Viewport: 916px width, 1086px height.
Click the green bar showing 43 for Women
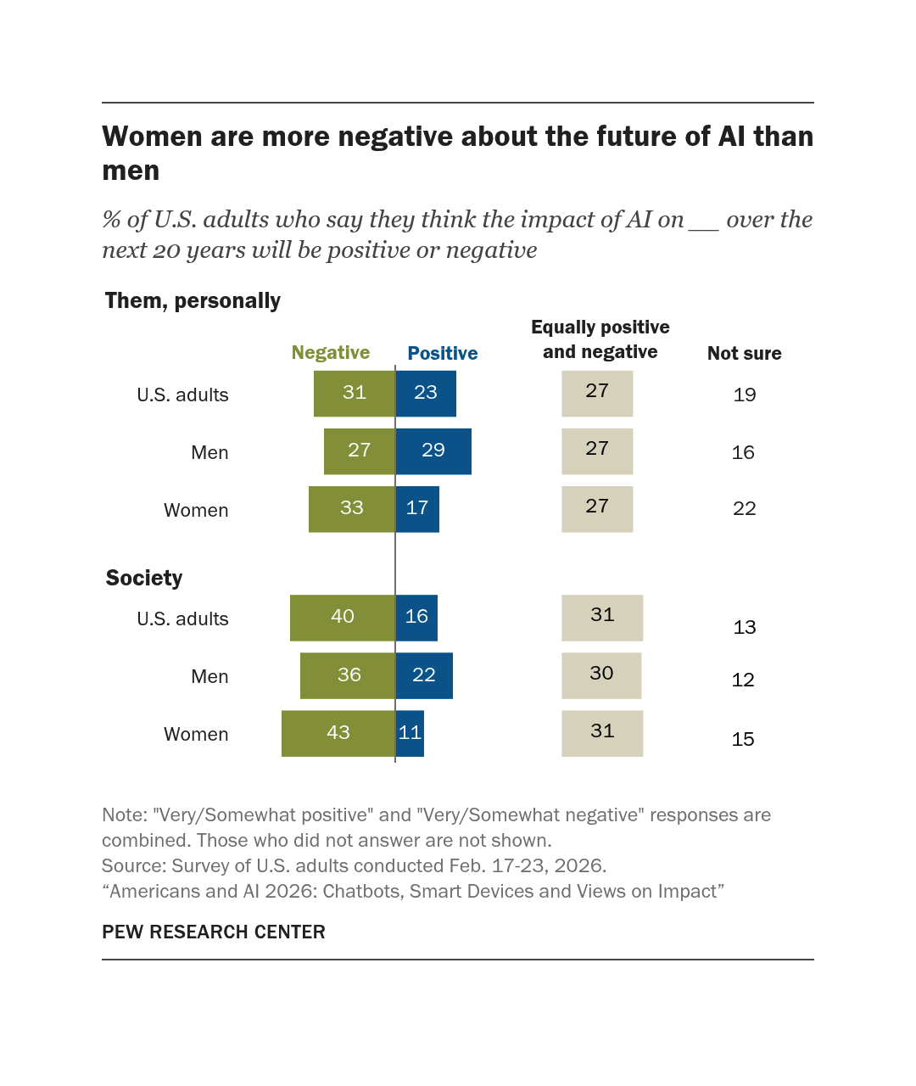pyautogui.click(x=338, y=733)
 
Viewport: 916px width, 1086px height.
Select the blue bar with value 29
pyautogui.click(x=433, y=451)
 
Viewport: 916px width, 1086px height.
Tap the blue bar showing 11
pyautogui.click(x=410, y=733)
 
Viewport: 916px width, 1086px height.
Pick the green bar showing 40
pyautogui.click(x=343, y=618)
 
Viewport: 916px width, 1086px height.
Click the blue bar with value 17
pyautogui.click(x=417, y=509)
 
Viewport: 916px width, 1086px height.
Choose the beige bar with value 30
pyautogui.click(x=601, y=675)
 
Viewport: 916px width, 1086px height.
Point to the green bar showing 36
pyautogui.click(x=348, y=675)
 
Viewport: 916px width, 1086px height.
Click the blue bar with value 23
pyautogui.click(x=426, y=394)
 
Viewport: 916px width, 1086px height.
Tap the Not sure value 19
pyautogui.click(x=745, y=395)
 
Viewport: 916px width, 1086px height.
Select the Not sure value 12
pyautogui.click(x=743, y=680)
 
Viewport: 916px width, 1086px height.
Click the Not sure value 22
pyautogui.click(x=745, y=508)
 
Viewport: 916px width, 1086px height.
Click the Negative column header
pyautogui.click(x=331, y=352)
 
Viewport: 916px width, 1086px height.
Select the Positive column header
pyautogui.click(x=443, y=353)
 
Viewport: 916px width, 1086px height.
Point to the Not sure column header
pyautogui.click(x=745, y=353)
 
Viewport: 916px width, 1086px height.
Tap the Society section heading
pyautogui.click(x=144, y=578)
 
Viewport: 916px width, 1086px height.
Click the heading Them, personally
pyautogui.click(x=193, y=301)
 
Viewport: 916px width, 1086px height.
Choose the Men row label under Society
pyautogui.click(x=209, y=677)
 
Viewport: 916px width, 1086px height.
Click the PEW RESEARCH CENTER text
pyautogui.click(x=214, y=932)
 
